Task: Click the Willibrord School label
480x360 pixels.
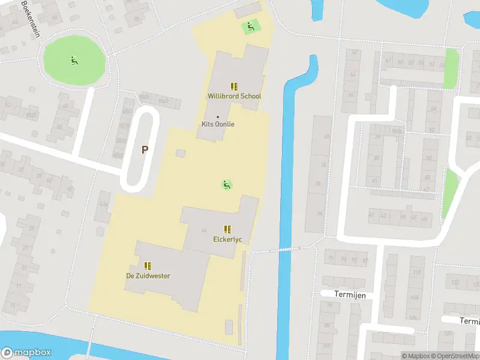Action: tap(234, 96)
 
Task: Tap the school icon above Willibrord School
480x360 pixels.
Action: tap(234, 86)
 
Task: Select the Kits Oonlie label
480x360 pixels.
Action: tap(217, 124)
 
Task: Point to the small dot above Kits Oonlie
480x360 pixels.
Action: tap(217, 116)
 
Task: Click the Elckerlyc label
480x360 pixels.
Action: tap(227, 239)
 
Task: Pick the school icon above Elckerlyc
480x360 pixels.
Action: tap(227, 229)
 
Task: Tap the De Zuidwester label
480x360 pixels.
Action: tap(148, 276)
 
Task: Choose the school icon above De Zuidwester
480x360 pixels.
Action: tap(148, 265)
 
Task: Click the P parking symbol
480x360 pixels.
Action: tap(144, 149)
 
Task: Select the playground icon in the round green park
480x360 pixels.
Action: tap(74, 59)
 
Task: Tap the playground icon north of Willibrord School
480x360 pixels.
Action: tap(250, 26)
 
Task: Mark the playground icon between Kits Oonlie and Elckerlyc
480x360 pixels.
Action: tap(227, 185)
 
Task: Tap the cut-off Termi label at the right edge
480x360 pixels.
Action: tap(470, 321)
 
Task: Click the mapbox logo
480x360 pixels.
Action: tap(26, 353)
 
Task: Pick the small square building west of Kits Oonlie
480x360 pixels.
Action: tap(181, 154)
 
